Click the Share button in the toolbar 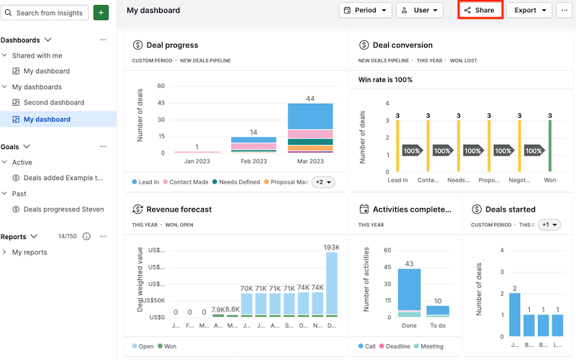click(x=480, y=11)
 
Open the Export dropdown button click(x=528, y=11)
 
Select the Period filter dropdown click(x=365, y=11)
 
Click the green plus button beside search click(x=101, y=13)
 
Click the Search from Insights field click(x=45, y=13)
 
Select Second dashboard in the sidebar click(x=53, y=102)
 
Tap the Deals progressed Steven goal click(x=63, y=210)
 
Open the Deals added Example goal click(x=63, y=178)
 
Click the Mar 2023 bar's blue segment click(x=310, y=116)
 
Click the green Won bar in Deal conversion click(x=549, y=146)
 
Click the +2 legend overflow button click(x=323, y=182)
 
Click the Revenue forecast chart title click(x=179, y=210)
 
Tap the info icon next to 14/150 click(x=86, y=236)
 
